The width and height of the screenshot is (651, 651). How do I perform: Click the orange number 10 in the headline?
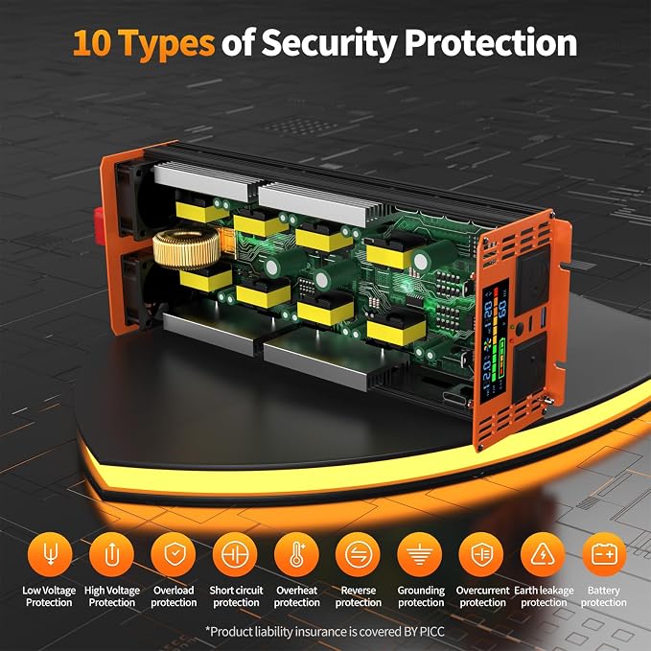tap(92, 43)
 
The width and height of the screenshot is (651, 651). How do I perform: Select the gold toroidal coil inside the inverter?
tap(186, 248)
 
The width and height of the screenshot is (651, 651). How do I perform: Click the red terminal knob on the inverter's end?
tap(99, 225)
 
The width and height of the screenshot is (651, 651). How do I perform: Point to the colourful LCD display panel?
tap(494, 341)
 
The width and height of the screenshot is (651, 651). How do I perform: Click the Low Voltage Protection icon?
tap(50, 555)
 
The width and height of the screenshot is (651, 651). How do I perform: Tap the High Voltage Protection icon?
tap(111, 555)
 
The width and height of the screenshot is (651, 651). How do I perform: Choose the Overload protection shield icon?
tap(174, 555)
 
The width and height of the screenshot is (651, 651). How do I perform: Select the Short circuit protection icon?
tap(235, 555)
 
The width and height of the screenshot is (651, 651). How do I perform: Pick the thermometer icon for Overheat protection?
tap(297, 555)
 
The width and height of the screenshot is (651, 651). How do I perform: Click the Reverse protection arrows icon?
tap(359, 555)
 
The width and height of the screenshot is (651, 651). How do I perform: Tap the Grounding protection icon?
tap(420, 555)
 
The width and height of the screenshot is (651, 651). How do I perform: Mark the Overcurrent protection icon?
tap(481, 555)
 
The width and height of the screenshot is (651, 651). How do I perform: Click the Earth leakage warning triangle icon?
tap(543, 555)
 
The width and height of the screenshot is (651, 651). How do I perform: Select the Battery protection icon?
tap(604, 555)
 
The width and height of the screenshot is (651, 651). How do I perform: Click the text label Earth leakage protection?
tap(544, 596)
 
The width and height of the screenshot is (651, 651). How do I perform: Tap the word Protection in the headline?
tap(491, 42)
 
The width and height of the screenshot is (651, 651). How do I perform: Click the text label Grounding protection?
tap(421, 596)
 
